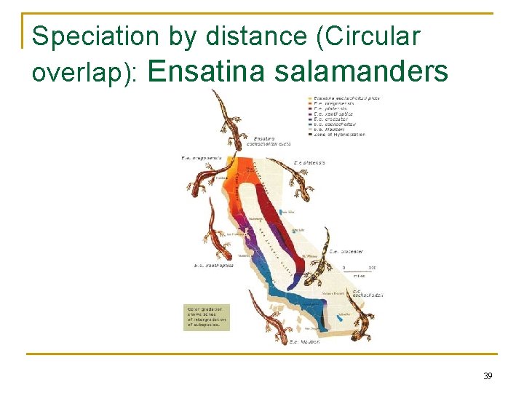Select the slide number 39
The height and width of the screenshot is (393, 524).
pyautogui.click(x=487, y=376)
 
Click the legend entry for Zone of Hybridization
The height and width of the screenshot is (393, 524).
pyautogui.click(x=338, y=135)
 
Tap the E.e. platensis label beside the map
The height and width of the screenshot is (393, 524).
pyautogui.click(x=309, y=162)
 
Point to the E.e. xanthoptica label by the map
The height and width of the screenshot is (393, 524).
pyautogui.click(x=213, y=266)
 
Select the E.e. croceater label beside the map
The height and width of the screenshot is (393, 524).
pyautogui.click(x=346, y=252)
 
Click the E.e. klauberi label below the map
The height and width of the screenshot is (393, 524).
pyautogui.click(x=305, y=341)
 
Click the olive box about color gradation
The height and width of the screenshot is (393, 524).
pyautogui.click(x=206, y=317)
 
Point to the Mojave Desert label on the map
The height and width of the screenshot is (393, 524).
pyautogui.click(x=334, y=293)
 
